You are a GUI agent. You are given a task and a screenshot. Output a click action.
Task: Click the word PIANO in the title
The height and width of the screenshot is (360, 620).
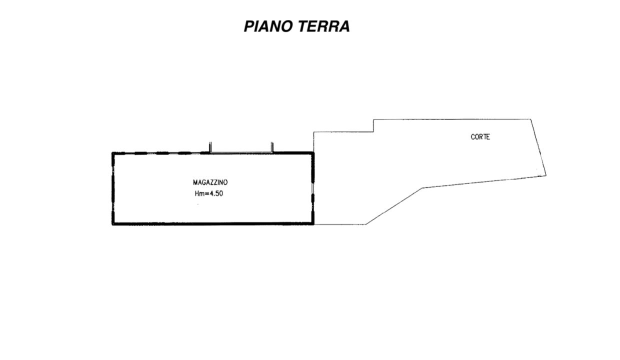pyautogui.click(x=268, y=26)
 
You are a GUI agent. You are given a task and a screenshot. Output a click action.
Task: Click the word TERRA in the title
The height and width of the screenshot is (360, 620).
pyautogui.click(x=324, y=26)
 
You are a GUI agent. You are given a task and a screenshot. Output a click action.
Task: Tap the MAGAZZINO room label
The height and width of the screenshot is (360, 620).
pyautogui.click(x=210, y=182)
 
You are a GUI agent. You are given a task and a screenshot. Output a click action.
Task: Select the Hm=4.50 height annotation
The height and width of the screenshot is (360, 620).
pyautogui.click(x=209, y=193)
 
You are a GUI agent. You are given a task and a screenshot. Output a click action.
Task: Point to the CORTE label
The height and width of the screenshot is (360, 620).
pyautogui.click(x=480, y=136)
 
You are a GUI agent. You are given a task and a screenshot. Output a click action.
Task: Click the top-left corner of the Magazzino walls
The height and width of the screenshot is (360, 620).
pyautogui.click(x=113, y=153)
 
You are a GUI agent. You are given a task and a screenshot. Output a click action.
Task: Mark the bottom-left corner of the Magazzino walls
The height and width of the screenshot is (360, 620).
pyautogui.click(x=113, y=224)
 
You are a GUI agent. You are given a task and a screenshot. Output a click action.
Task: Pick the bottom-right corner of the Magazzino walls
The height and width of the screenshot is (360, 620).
pyautogui.click(x=313, y=224)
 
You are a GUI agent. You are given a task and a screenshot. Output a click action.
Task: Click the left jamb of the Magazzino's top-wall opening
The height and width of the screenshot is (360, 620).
pyautogui.click(x=210, y=147)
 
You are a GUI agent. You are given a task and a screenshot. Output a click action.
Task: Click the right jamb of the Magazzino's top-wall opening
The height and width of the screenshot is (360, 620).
pyautogui.click(x=272, y=147)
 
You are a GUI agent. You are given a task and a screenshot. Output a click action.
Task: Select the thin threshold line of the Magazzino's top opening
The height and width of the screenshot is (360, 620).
pyautogui.click(x=241, y=152)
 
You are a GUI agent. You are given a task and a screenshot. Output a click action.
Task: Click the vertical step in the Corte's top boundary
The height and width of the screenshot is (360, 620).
pyautogui.click(x=373, y=125)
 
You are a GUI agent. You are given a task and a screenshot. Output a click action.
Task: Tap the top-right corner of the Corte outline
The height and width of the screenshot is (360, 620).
pyautogui.click(x=530, y=119)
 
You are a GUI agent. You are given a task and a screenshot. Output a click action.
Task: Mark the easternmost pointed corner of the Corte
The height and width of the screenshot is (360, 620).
pyautogui.click(x=546, y=175)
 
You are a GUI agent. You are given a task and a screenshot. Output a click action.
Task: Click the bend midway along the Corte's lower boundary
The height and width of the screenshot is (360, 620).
pyautogui.click(x=422, y=188)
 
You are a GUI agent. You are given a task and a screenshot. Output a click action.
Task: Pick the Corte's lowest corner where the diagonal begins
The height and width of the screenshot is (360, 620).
pyautogui.click(x=366, y=224)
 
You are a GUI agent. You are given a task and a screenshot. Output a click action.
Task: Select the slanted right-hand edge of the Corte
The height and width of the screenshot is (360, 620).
pyautogui.click(x=538, y=147)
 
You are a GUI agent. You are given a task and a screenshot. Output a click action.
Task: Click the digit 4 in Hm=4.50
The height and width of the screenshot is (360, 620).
pyautogui.click(x=211, y=193)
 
